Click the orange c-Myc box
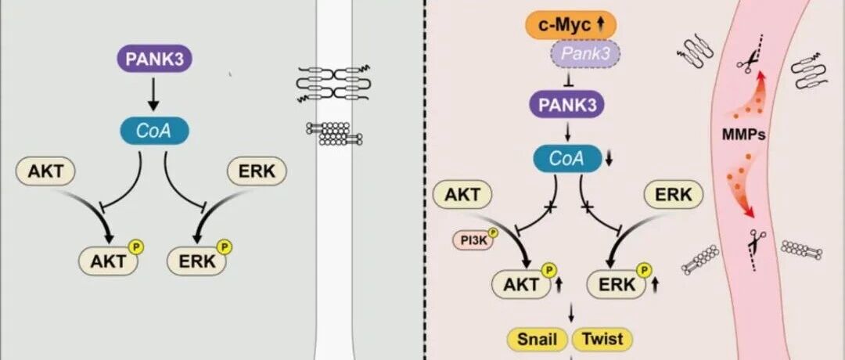(x=570, y=25)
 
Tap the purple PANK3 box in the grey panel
(x=154, y=58)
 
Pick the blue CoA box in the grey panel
(x=154, y=131)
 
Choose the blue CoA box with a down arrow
(x=567, y=158)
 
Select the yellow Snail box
(x=537, y=339)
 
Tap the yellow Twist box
(x=602, y=339)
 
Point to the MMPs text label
(x=744, y=135)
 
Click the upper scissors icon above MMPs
(x=747, y=63)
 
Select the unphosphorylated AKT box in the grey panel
(x=45, y=171)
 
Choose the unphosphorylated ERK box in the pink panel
(x=673, y=194)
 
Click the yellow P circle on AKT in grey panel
(x=136, y=247)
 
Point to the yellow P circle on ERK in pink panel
(x=644, y=270)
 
